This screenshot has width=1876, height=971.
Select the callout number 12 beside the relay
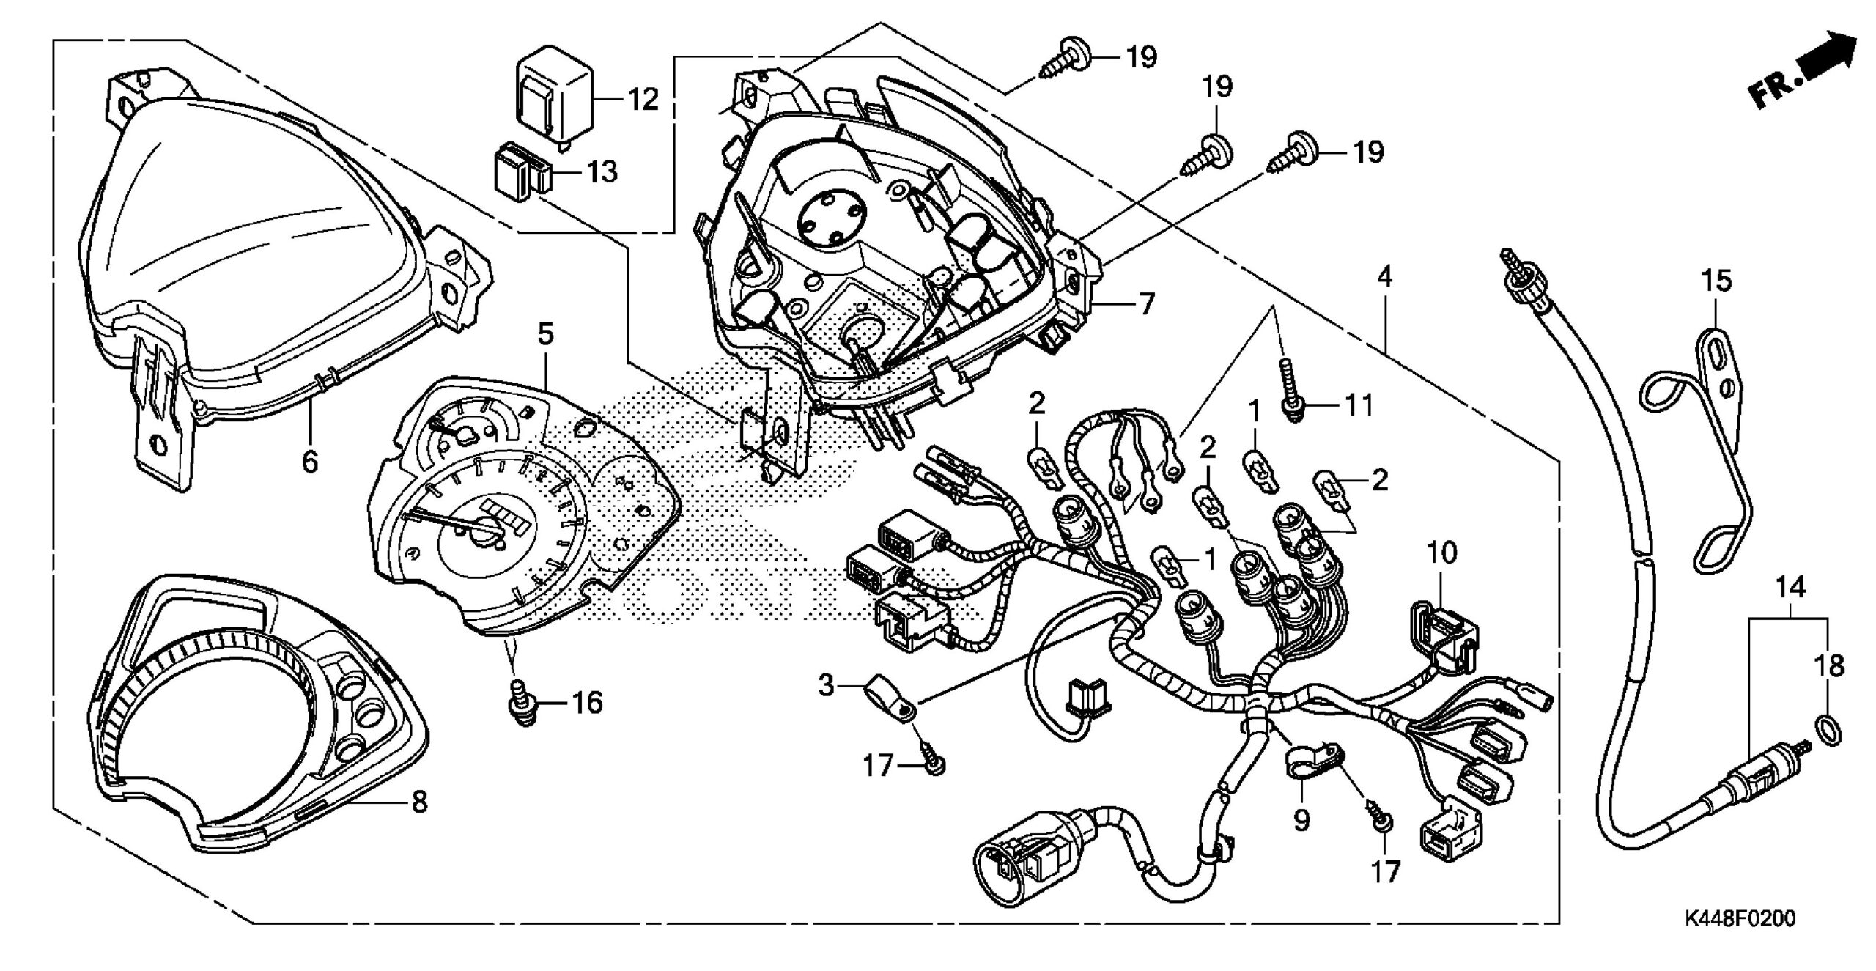643,99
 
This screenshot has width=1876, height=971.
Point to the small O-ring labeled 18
1828,750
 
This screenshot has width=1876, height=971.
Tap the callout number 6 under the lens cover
310,462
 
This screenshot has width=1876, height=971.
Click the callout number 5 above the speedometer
545,335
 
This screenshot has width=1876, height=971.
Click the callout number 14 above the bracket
1788,587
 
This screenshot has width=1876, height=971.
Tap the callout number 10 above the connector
1441,553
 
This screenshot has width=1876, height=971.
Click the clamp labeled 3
890,701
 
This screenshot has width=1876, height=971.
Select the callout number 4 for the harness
1384,277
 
